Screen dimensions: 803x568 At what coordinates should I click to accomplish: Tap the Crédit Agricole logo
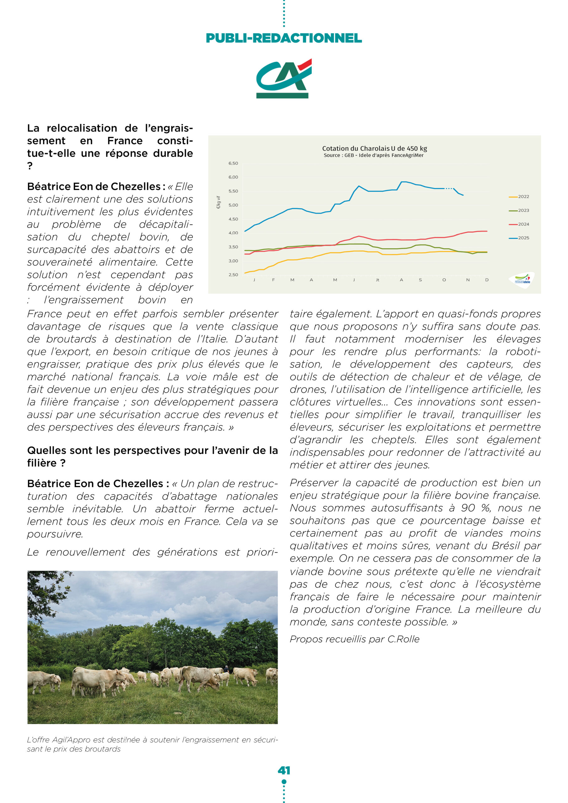pyautogui.click(x=283, y=79)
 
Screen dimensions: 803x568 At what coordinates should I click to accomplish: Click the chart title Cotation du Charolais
pyautogui.click(x=374, y=148)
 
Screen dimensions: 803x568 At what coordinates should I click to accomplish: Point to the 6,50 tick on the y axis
pyautogui.click(x=233, y=163)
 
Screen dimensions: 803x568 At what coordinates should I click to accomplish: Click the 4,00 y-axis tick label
pyautogui.click(x=233, y=233)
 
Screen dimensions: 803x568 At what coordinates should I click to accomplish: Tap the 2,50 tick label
pyautogui.click(x=233, y=274)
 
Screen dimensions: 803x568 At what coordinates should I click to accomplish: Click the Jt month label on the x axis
pyautogui.click(x=377, y=280)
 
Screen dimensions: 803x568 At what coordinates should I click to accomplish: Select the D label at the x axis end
pyautogui.click(x=486, y=280)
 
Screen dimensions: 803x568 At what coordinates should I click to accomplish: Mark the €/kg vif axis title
pyautogui.click(x=218, y=203)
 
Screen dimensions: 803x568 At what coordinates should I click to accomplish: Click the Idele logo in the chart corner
pyautogui.click(x=522, y=280)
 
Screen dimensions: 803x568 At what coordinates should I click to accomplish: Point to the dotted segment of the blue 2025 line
pyautogui.click(x=449, y=189)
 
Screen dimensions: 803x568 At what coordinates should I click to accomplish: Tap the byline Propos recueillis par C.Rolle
pyautogui.click(x=354, y=639)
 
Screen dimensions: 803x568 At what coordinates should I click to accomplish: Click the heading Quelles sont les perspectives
pyautogui.click(x=152, y=450)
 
